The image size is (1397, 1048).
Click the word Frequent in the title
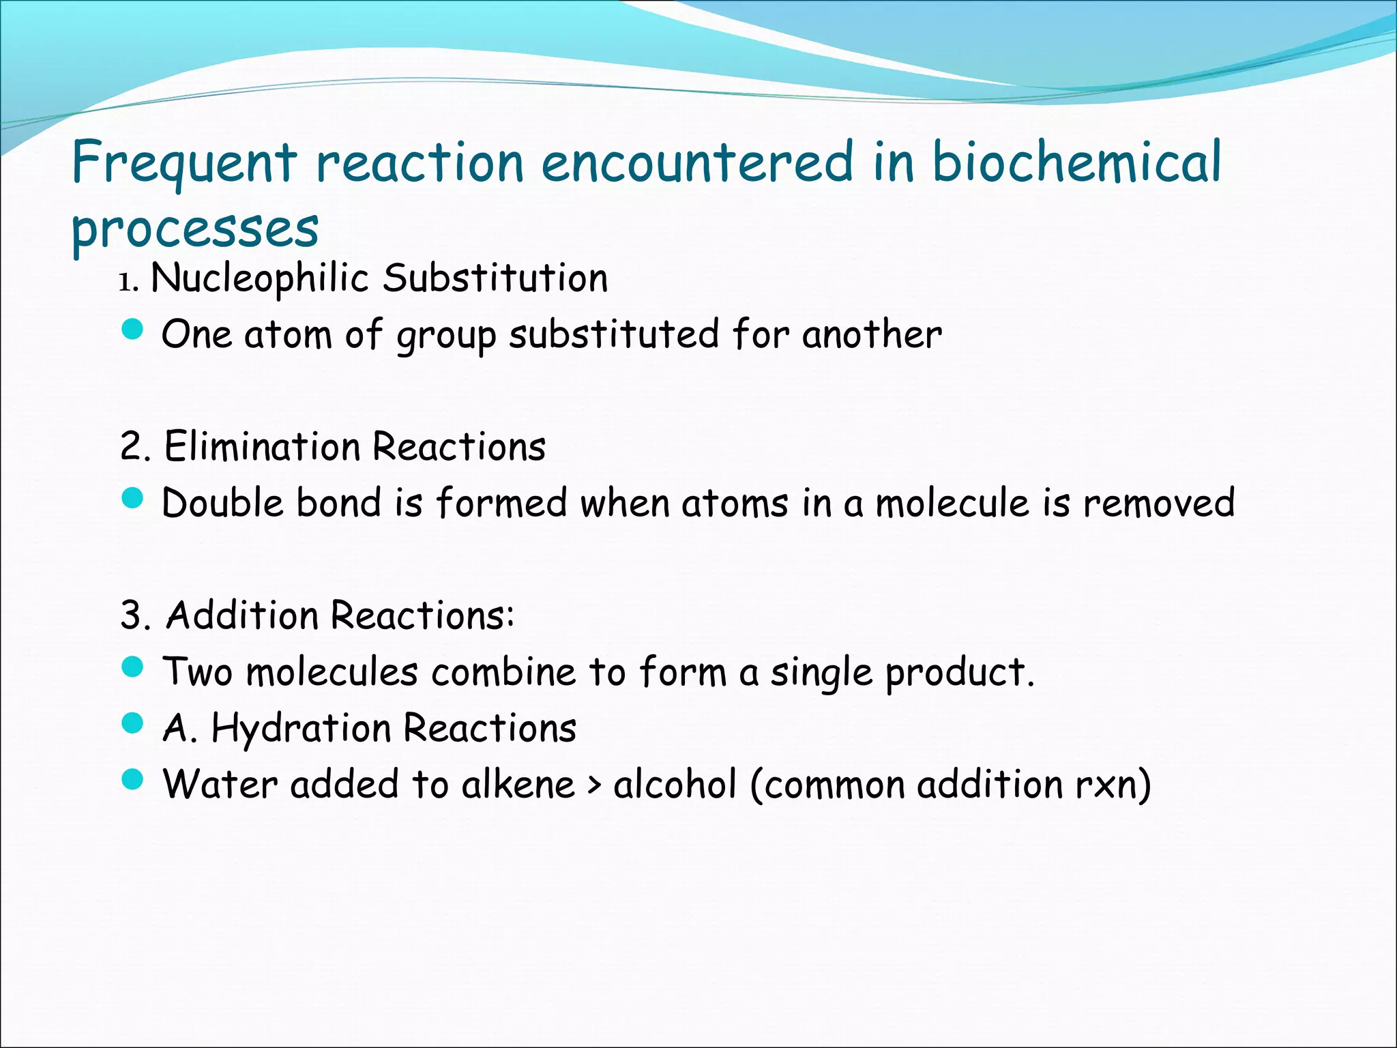pos(184,164)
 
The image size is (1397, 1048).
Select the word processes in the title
pos(195,229)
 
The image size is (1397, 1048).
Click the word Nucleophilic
pos(260,278)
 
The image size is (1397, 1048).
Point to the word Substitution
pos(495,278)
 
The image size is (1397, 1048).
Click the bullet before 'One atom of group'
pos(132,330)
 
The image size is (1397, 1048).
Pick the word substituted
pos(614,334)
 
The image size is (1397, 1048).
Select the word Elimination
pos(262,447)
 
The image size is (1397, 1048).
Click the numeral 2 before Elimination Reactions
pos(131,448)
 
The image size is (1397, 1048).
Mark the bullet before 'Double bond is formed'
pos(132,499)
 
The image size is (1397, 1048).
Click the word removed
pos(1159,503)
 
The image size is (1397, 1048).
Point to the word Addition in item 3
pos(243,615)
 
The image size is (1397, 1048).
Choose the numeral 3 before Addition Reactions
pos(131,616)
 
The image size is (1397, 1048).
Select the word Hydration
pos(301,728)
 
